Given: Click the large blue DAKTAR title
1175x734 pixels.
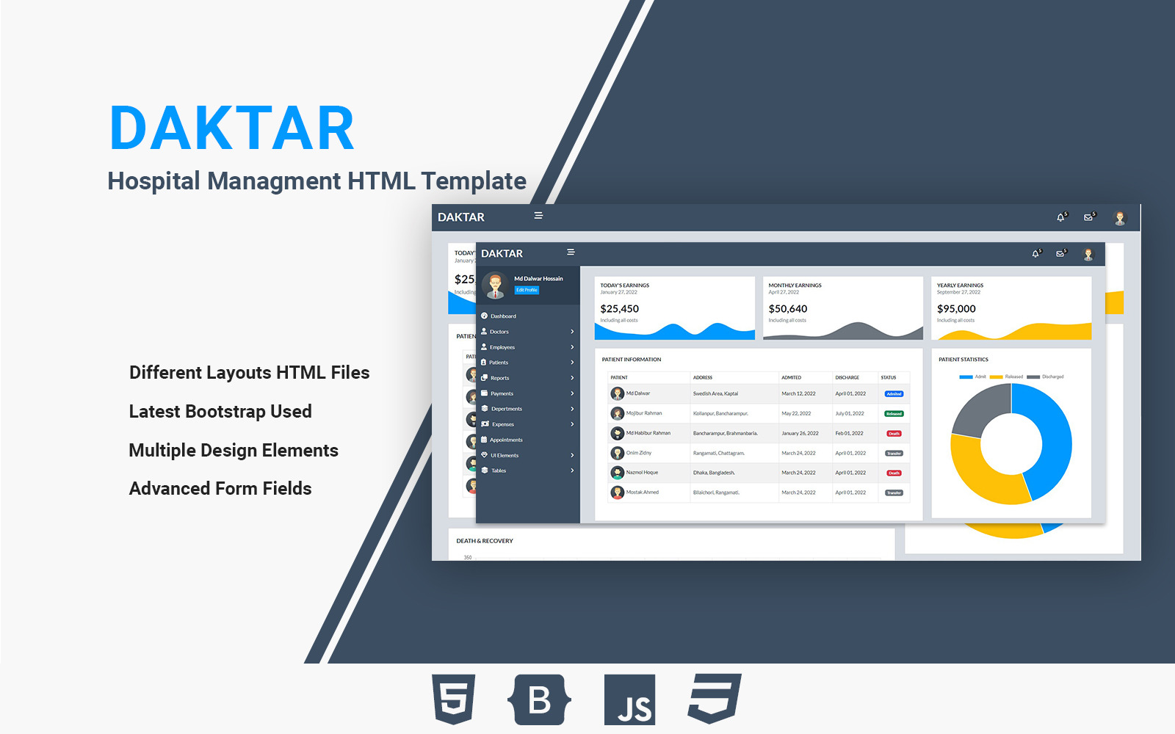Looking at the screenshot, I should click(x=232, y=128).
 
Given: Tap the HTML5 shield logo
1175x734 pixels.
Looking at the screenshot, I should click(x=454, y=698).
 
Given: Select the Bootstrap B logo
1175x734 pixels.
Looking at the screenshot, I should click(x=539, y=700).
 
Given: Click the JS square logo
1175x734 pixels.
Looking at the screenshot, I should click(x=629, y=700).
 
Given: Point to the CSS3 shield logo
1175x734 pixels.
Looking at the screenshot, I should click(x=715, y=698).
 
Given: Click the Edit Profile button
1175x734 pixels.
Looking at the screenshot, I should click(x=527, y=290).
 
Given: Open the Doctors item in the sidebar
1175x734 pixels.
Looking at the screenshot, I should click(x=499, y=332).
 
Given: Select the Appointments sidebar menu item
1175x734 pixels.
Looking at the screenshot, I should click(x=506, y=440).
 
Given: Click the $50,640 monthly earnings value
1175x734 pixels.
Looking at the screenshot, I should click(x=787, y=309).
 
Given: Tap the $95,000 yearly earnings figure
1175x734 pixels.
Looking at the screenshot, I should click(x=956, y=309).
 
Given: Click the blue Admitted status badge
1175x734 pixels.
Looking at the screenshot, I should click(x=894, y=394).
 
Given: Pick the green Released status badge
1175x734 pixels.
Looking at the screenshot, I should click(x=894, y=414).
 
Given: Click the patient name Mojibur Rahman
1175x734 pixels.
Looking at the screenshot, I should click(x=644, y=413).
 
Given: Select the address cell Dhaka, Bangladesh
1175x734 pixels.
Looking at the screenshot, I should click(x=714, y=473).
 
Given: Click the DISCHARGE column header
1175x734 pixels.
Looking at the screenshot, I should click(x=847, y=377).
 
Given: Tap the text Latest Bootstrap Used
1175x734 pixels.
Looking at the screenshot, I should click(x=220, y=412).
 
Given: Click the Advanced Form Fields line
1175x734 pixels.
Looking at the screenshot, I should click(x=220, y=489).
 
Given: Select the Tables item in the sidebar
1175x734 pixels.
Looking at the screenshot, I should click(x=499, y=470).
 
